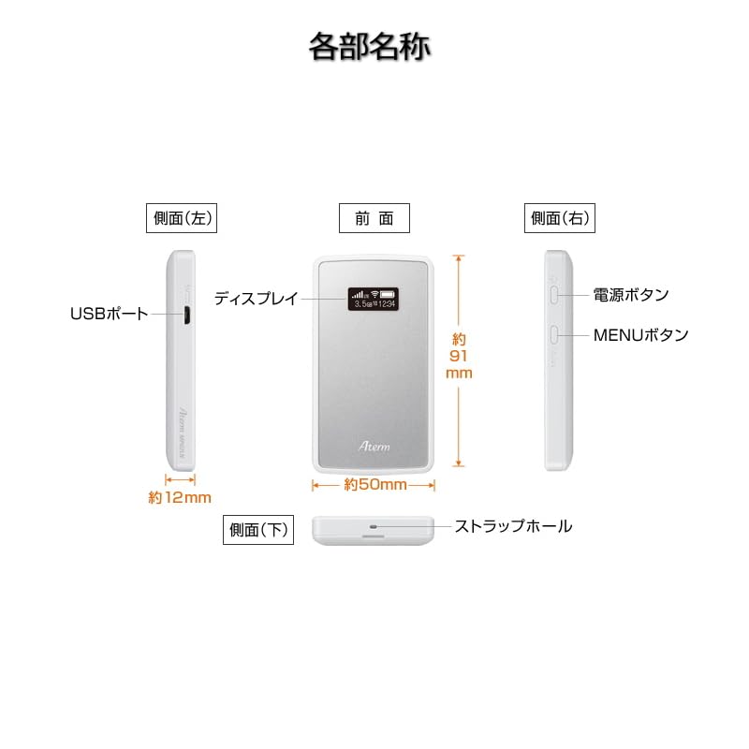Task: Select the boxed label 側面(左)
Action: pos(182,218)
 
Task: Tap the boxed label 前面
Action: pos(374,218)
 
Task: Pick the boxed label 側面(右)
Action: pos(560,218)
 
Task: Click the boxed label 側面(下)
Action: pos(257,529)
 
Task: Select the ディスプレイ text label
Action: pos(256,299)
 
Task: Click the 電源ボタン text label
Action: pos(631,295)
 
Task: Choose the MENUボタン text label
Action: pos(640,334)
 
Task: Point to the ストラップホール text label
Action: pos(513,526)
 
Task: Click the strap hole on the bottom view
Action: pos(374,526)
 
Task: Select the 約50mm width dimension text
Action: pos(374,485)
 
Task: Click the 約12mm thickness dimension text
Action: pos(180,498)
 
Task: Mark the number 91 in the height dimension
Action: pos(458,356)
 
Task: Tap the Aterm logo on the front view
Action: pos(374,448)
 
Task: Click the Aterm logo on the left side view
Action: pos(185,415)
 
